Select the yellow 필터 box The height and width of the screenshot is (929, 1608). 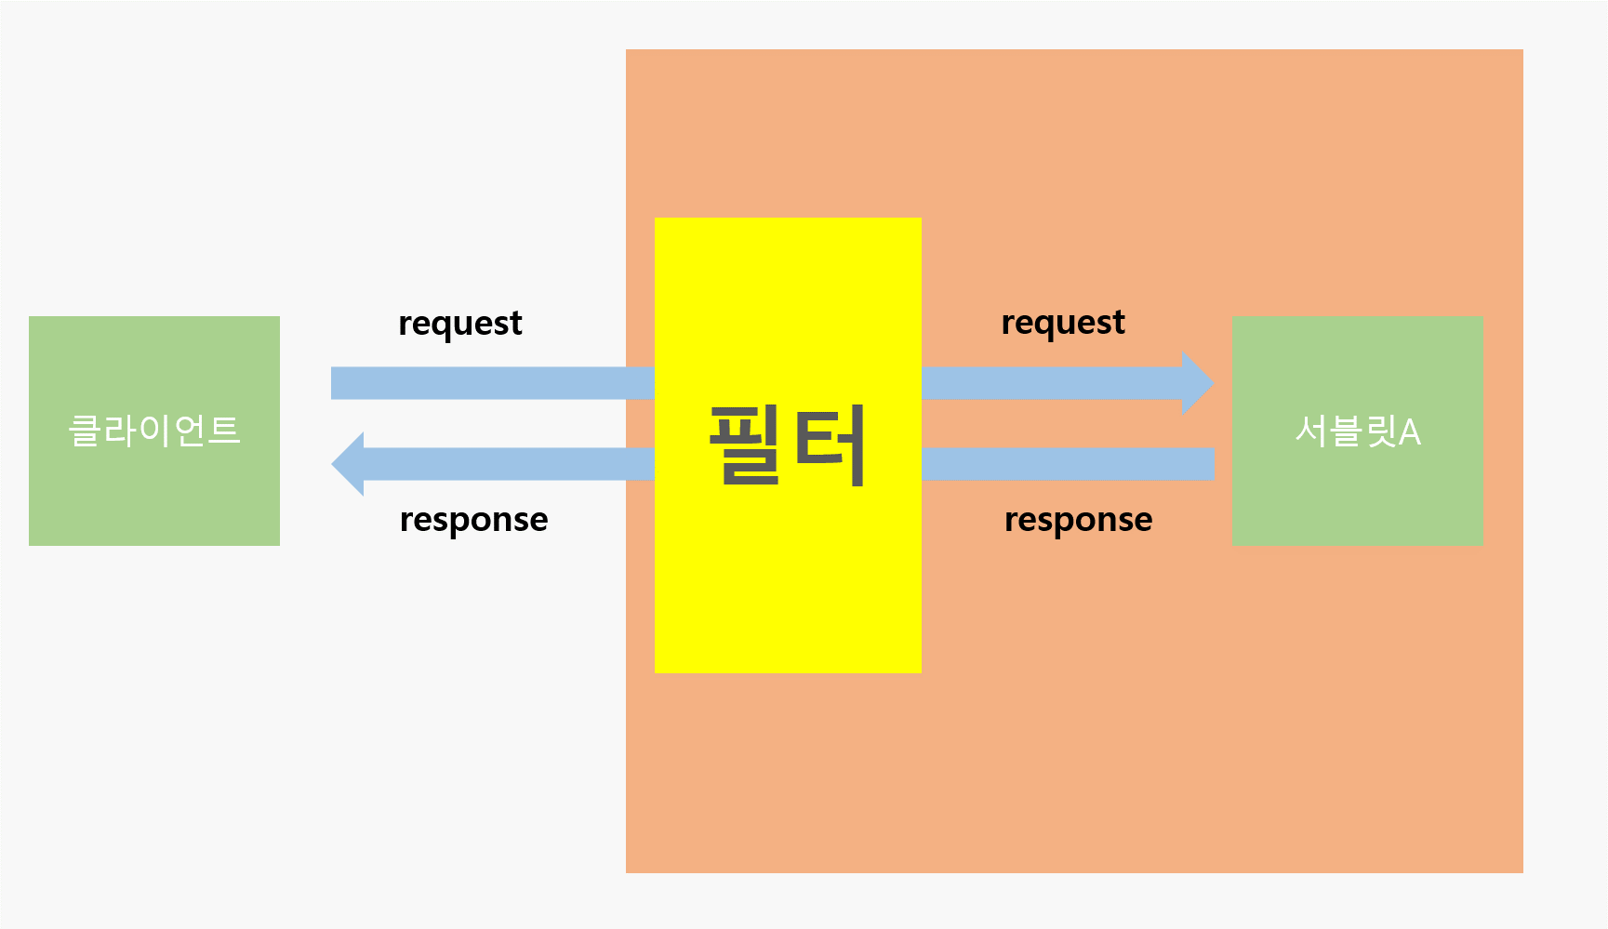(x=788, y=577)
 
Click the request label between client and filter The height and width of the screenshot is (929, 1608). (x=460, y=324)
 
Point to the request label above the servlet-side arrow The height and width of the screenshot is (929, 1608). (x=1063, y=323)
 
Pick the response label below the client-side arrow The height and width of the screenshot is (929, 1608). (x=473, y=520)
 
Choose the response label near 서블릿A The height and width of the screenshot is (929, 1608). (x=1078, y=520)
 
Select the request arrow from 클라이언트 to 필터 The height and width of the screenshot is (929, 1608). (x=493, y=383)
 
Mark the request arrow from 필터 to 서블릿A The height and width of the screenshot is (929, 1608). (x=1051, y=383)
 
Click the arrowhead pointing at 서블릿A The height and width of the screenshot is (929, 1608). (x=1197, y=383)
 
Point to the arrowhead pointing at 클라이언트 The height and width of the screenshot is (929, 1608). (x=349, y=464)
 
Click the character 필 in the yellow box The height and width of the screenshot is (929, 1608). (x=745, y=445)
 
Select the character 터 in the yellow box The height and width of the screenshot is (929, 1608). (x=831, y=445)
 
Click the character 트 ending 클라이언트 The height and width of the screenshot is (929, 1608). (x=223, y=431)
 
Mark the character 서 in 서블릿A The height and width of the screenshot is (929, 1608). (x=1311, y=431)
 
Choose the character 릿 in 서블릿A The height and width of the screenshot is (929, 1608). (x=1380, y=431)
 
